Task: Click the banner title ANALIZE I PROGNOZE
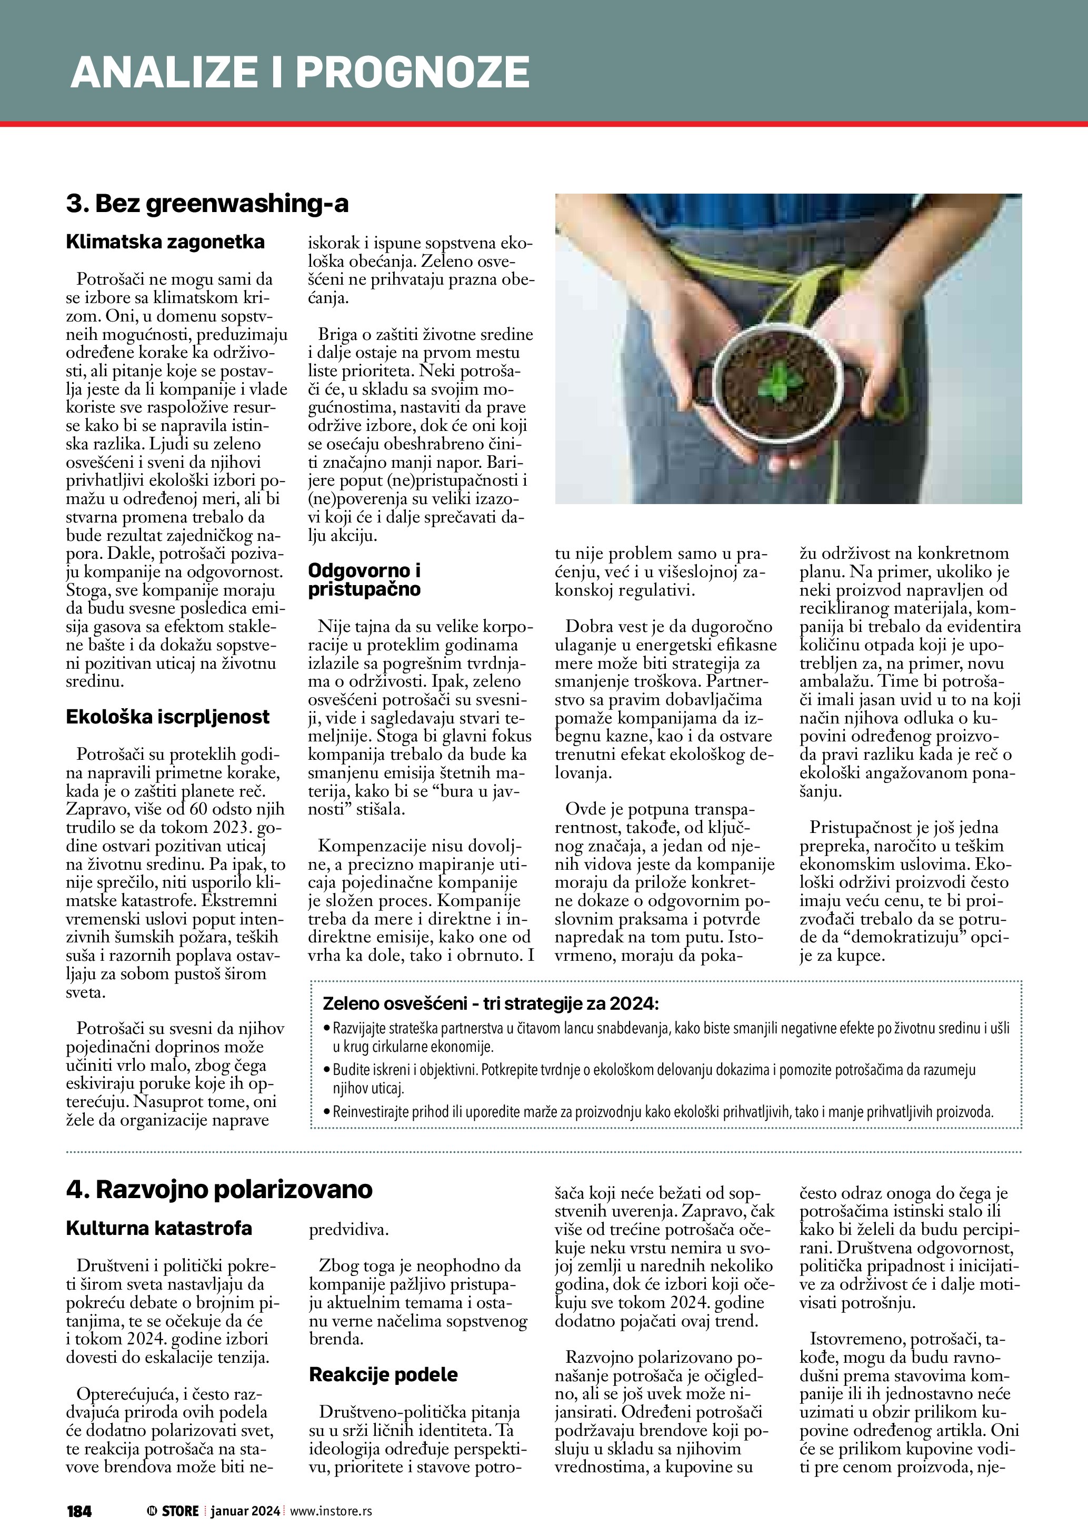pos(300,72)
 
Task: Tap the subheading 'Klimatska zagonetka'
pos(165,242)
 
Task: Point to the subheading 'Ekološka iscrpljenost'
pos(167,717)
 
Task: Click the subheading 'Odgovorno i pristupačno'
pos(364,579)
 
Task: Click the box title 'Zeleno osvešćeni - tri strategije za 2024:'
pos(491,1004)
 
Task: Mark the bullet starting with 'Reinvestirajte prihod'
pos(663,1113)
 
